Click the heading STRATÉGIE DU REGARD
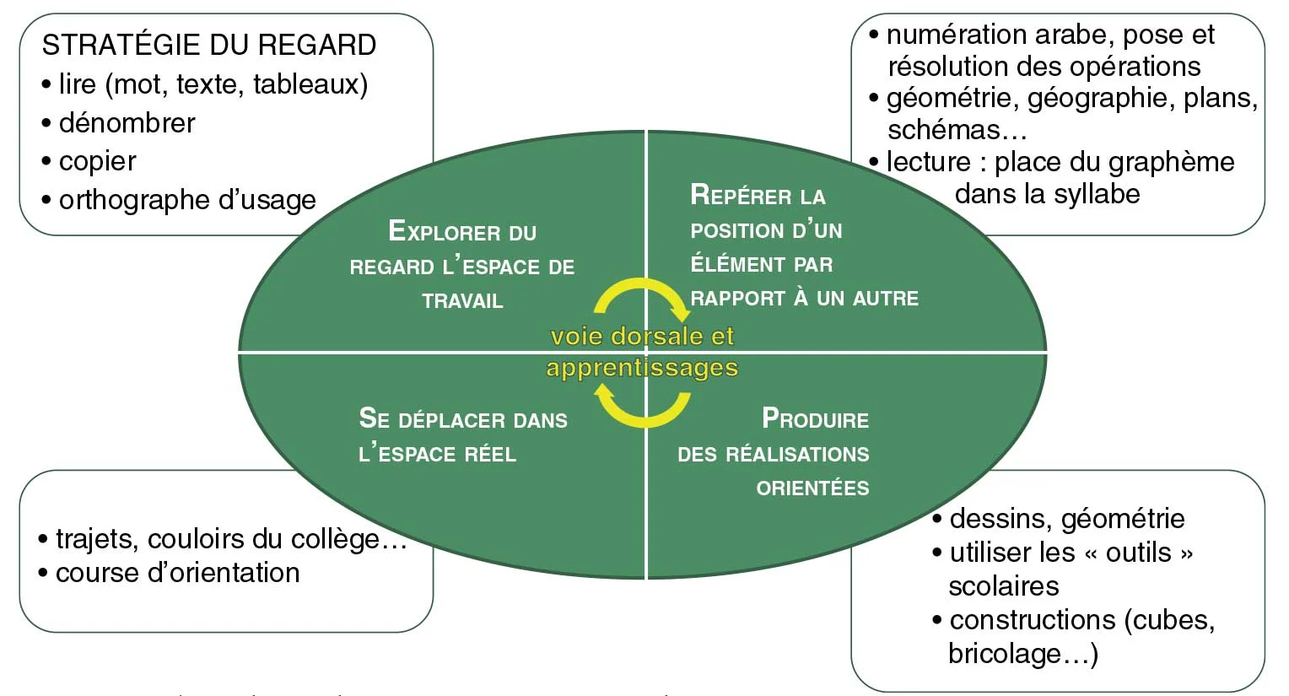208,45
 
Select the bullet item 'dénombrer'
127,123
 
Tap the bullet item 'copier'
97,161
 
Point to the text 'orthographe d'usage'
187,200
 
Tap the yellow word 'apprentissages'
642,368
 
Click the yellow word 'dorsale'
658,336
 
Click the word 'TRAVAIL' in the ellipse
462,301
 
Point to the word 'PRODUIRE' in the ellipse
815,419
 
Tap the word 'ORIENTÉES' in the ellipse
812,488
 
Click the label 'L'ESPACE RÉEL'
437,455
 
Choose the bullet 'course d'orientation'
177,573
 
